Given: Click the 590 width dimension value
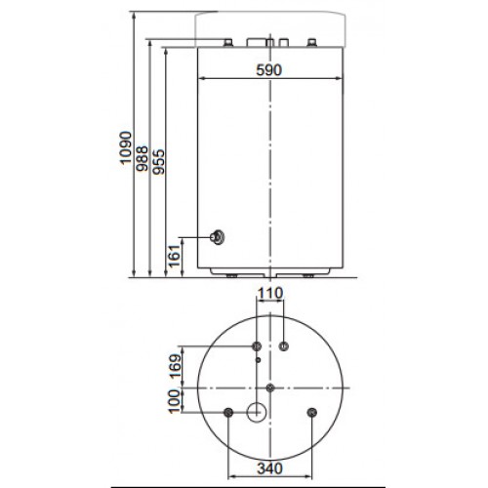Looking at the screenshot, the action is point(268,70).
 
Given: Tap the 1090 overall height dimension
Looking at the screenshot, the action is point(126,148).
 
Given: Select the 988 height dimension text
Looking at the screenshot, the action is point(142,159).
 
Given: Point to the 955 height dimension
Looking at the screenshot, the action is point(159,162).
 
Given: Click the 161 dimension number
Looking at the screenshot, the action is point(175,256).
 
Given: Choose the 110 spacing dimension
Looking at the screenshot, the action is point(270,294).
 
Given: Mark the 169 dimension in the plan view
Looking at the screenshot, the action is point(175,365).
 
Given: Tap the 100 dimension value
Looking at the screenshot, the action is point(175,401).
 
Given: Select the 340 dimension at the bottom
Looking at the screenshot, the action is point(270,468).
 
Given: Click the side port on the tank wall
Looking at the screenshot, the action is point(218,237).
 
